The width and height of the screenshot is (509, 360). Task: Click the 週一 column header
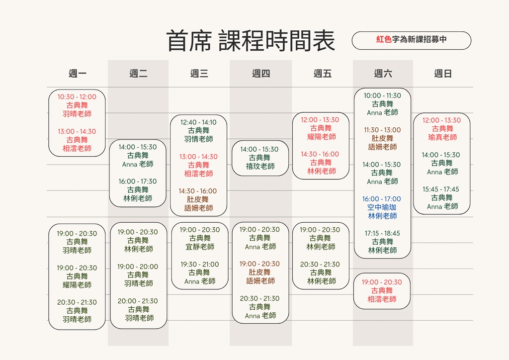pyautogui.click(x=77, y=74)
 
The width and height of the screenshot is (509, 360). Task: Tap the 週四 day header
pyautogui.click(x=260, y=74)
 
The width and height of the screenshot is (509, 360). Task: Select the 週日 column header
pyautogui.click(x=443, y=74)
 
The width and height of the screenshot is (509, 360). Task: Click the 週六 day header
pyautogui.click(x=383, y=74)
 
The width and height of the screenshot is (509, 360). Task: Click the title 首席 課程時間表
pyautogui.click(x=251, y=41)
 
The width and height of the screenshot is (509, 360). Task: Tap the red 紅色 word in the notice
pyautogui.click(x=384, y=39)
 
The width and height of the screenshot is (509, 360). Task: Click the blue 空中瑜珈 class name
pyautogui.click(x=382, y=207)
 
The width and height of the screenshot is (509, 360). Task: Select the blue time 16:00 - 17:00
pyautogui.click(x=381, y=199)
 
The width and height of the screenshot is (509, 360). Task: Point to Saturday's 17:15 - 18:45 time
pyautogui.click(x=382, y=233)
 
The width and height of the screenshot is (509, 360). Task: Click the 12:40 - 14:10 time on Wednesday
pyautogui.click(x=198, y=122)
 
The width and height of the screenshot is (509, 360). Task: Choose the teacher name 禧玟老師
pyautogui.click(x=260, y=166)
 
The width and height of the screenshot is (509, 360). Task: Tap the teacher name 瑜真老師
pyautogui.click(x=442, y=137)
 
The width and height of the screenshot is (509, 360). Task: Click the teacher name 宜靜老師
pyautogui.click(x=200, y=247)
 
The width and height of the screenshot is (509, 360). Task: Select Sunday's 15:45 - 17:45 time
pyautogui.click(x=440, y=189)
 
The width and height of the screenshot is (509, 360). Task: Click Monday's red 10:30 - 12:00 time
pyautogui.click(x=77, y=97)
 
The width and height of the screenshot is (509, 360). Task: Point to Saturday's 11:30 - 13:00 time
pyautogui.click(x=382, y=130)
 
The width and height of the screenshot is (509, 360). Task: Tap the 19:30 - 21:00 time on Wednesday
pyautogui.click(x=200, y=264)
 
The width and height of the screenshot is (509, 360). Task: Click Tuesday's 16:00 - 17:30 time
pyautogui.click(x=138, y=181)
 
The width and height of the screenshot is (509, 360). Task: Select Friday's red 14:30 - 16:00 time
pyautogui.click(x=320, y=154)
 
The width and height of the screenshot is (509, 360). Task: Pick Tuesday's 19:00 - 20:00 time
pyautogui.click(x=138, y=267)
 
